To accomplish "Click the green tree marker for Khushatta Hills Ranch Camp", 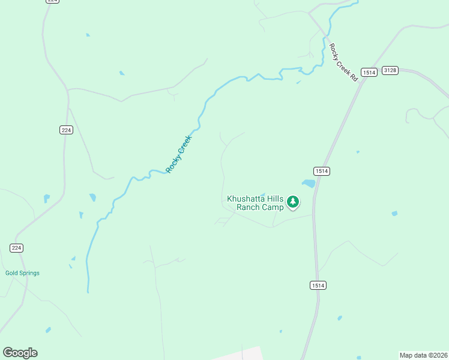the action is tap(293, 202).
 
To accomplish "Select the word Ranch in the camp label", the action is tap(249, 208).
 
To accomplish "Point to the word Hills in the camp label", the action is tap(275, 199).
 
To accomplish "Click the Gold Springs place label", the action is tap(22, 273).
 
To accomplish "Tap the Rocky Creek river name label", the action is tap(178, 154).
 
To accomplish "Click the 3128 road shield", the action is tap(390, 70).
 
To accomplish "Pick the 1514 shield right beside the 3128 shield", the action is tap(369, 72).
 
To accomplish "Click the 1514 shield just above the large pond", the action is tap(322, 171).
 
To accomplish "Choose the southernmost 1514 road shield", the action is tap(318, 286).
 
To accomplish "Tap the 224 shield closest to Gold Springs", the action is tap(16, 248).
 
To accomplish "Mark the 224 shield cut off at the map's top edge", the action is tap(52, 1).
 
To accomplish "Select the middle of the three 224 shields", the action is tap(66, 130).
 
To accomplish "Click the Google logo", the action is tap(20, 353).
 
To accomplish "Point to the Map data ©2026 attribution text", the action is tap(423, 355).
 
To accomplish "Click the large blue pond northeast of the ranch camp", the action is tap(309, 184).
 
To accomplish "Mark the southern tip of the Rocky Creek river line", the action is tap(88, 292).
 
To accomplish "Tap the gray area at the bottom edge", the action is tap(240, 354).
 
